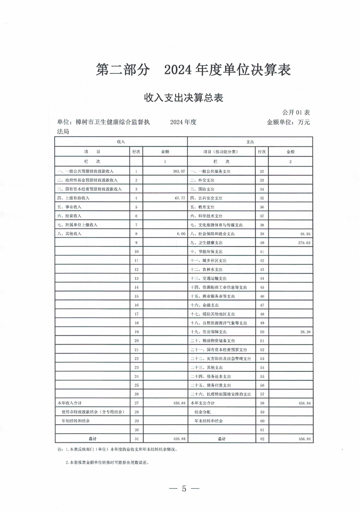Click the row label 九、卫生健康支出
[209, 243]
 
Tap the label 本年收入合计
[69, 403]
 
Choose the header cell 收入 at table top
[121, 141]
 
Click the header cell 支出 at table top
[250, 141]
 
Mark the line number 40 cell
[262, 243]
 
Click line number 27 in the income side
[137, 403]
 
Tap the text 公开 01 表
[296, 112]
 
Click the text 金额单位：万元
[288, 122]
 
